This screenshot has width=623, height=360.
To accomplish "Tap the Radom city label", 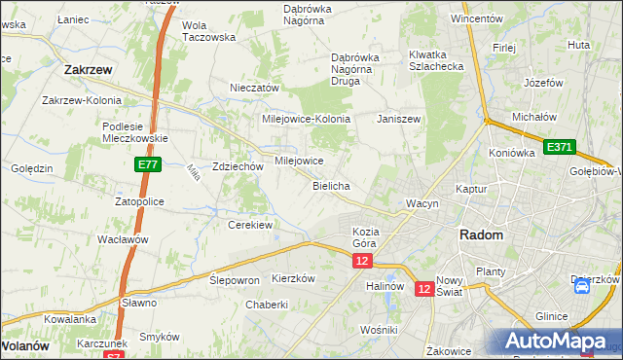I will click(481, 235).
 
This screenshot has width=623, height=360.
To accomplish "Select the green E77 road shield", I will click(146, 166).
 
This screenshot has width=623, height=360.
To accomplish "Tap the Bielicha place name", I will click(331, 185).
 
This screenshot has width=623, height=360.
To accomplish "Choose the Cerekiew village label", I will click(249, 225).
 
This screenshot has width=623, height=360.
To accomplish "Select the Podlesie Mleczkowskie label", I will click(136, 131).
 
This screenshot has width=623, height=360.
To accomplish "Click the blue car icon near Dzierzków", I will click(581, 286).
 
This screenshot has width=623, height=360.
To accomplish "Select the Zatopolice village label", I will click(139, 201).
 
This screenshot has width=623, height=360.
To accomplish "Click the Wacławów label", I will click(122, 239).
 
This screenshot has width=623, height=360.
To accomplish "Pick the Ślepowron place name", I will click(235, 279).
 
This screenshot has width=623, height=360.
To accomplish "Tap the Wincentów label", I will click(476, 18).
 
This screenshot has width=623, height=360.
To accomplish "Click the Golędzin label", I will click(32, 168).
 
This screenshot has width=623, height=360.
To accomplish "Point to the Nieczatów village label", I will click(254, 88).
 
